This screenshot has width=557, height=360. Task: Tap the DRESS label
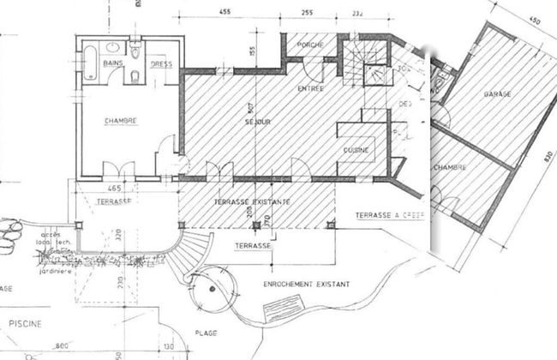click(161, 65)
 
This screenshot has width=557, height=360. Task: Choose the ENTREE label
click(309, 88)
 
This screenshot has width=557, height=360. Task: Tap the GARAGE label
click(497, 92)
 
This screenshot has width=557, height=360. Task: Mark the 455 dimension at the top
click(225, 13)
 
